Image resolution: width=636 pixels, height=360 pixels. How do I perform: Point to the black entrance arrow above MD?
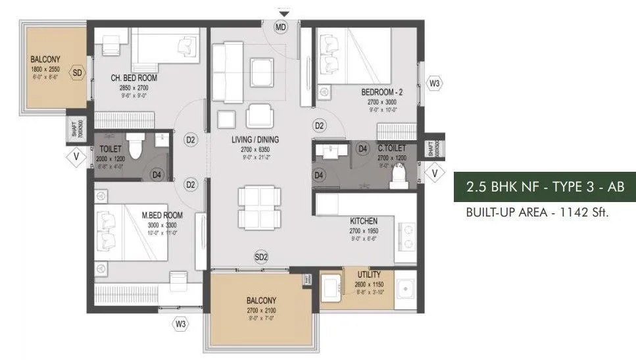(283, 13)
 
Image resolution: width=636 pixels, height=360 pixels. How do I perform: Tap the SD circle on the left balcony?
(78, 73)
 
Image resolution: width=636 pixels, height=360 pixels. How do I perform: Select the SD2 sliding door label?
(261, 257)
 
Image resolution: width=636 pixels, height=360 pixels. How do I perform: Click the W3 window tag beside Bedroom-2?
(434, 84)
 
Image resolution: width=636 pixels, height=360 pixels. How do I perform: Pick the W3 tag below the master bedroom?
(180, 323)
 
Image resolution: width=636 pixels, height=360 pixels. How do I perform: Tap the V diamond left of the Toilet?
(77, 157)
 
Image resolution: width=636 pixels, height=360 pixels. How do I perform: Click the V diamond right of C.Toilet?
(434, 172)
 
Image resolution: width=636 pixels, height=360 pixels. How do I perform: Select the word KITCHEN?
(364, 222)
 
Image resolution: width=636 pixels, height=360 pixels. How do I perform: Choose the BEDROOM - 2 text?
(381, 93)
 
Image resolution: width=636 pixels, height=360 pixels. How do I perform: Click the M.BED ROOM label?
(162, 215)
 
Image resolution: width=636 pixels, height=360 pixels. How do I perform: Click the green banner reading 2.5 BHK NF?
(545, 186)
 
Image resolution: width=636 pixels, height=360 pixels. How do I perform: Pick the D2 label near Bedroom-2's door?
(320, 125)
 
